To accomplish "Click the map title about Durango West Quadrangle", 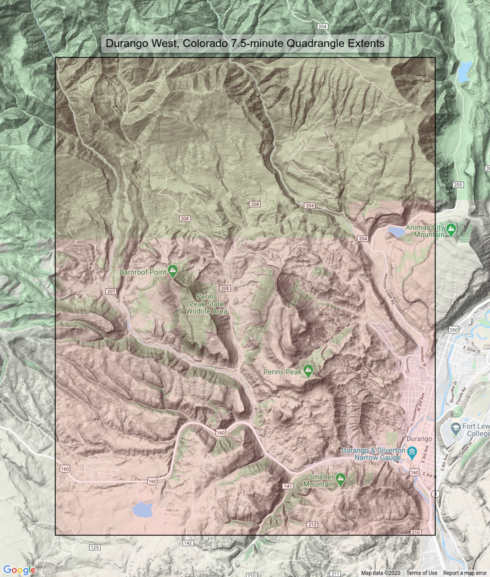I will coord(245,43).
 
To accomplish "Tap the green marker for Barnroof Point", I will coord(173,271).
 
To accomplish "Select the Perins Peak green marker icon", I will coord(308,371).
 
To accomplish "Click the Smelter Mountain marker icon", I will coord(340,479).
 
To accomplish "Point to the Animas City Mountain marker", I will coord(451,230).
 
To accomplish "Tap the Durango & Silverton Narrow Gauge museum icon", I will coord(412,453).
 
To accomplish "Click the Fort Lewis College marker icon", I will coord(455,429).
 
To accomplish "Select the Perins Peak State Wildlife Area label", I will coord(207,304).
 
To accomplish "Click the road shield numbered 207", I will coord(111,291).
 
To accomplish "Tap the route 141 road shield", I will coord(288,486).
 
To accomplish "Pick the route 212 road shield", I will coord(312,524).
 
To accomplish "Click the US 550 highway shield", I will coord(454,330).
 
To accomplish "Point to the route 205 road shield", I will coord(458,185).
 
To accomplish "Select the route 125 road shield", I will coord(94,547).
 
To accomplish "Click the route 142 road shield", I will coord(188,543).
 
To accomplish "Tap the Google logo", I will coord(19,570).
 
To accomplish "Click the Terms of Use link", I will coord(421,573).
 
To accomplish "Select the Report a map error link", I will coord(465,573).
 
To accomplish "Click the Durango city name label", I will coord(419,439).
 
